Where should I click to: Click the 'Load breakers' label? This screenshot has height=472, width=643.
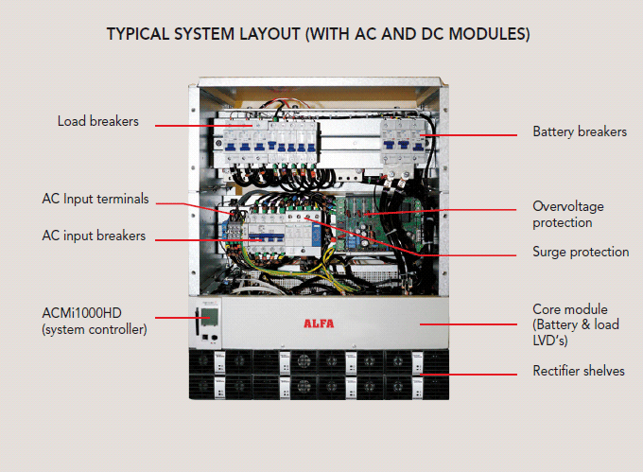tap(97, 121)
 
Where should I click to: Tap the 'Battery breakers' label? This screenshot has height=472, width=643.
tap(579, 132)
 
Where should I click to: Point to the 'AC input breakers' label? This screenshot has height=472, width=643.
tap(94, 236)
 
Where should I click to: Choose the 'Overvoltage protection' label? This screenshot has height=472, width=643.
tap(567, 214)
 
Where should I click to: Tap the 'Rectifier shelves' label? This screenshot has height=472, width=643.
tap(579, 371)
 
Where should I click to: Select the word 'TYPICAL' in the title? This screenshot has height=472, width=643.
tap(137, 34)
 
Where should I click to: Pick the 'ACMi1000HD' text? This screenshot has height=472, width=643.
tap(81, 314)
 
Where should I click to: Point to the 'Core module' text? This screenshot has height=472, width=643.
tap(569, 309)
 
